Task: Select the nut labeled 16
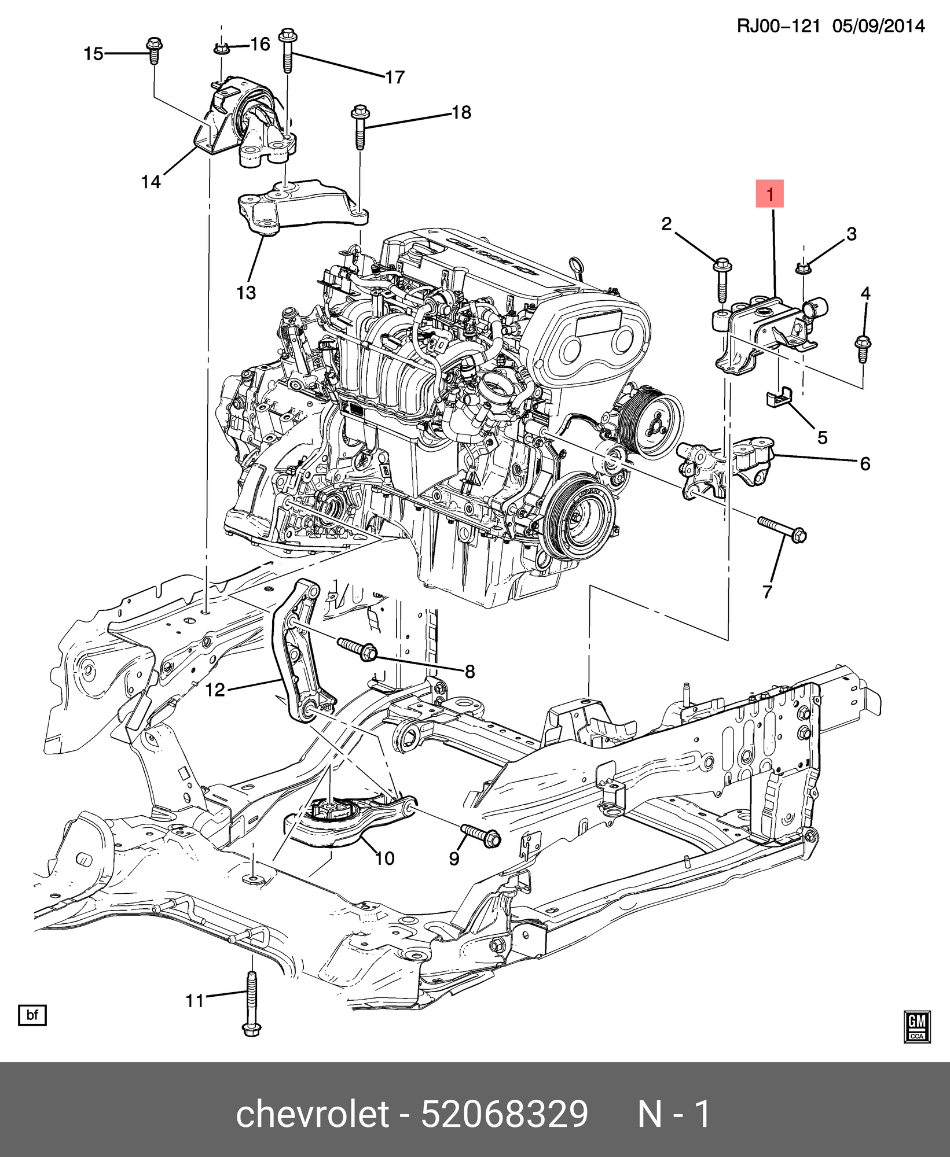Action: (x=221, y=49)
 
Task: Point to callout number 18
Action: (x=461, y=112)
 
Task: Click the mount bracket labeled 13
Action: (x=301, y=207)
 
